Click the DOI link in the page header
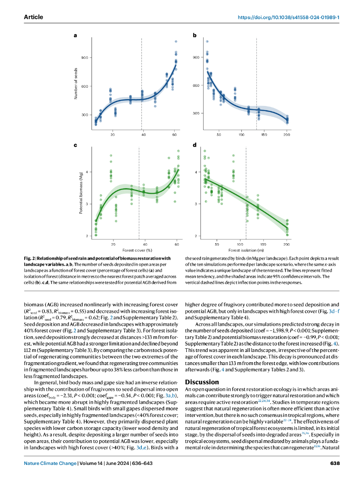(x=288, y=17)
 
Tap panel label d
(x=194, y=146)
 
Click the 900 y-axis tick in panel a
(x=85, y=58)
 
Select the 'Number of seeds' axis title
(x=76, y=83)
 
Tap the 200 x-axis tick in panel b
(x=286, y=135)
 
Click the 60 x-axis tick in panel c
(x=176, y=244)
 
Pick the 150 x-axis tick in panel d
(x=263, y=244)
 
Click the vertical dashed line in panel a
(x=141, y=84)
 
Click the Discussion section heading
(x=202, y=382)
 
